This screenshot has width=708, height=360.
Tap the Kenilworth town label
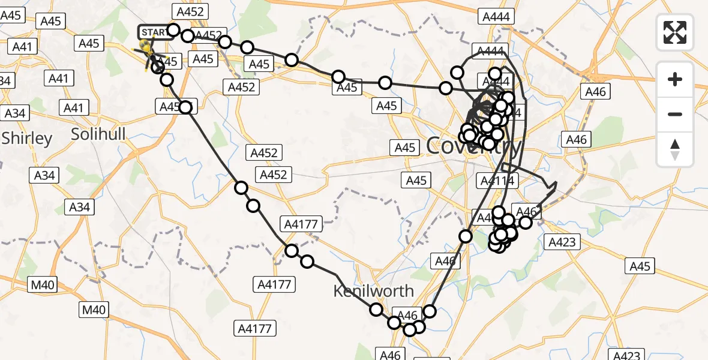pos(373,291)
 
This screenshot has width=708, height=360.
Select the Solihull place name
pos(98,134)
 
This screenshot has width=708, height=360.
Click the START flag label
pos(154,32)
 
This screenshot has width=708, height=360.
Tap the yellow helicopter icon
pos(146,47)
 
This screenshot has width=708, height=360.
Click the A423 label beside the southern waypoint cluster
pos(562,242)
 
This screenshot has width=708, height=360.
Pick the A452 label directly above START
pos(190,11)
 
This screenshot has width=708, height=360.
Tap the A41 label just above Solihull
pos(74,108)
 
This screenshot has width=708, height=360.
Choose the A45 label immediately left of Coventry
pos(405,147)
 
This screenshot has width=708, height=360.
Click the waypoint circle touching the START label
pos(173,30)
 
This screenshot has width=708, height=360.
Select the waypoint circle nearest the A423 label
pos(525,223)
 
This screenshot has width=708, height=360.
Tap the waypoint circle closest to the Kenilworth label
pos(376,310)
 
